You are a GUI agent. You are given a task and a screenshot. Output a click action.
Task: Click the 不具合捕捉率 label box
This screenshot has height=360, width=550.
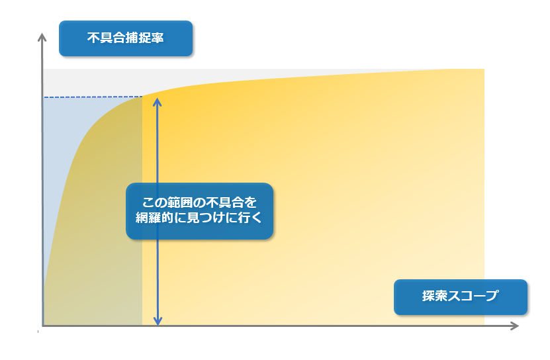pos(126,38)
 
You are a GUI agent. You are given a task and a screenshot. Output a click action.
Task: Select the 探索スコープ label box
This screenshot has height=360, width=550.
pos(461,297)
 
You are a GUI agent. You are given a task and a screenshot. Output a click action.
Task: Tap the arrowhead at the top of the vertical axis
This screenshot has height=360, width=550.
pos(42,37)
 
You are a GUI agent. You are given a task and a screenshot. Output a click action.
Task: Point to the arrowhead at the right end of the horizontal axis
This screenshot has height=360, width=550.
pos(514,326)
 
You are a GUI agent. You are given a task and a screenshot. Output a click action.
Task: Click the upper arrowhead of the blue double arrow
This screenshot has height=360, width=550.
pos(157,102)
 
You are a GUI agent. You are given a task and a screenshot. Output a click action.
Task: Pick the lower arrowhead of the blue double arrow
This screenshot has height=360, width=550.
pos(158,321)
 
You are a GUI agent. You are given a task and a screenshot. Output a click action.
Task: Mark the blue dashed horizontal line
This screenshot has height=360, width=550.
pos(92,97)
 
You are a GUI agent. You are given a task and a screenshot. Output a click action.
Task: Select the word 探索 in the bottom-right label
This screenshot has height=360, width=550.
pos(435,296)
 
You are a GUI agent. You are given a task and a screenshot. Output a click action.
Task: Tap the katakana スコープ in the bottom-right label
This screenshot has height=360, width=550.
pos(473,296)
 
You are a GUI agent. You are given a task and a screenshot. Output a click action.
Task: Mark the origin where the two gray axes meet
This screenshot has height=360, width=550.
pos(42,326)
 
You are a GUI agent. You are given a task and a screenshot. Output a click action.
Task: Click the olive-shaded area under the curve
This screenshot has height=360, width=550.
pos(102,246)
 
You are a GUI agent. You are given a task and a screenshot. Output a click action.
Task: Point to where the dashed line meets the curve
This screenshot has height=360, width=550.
pos(142,97)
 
